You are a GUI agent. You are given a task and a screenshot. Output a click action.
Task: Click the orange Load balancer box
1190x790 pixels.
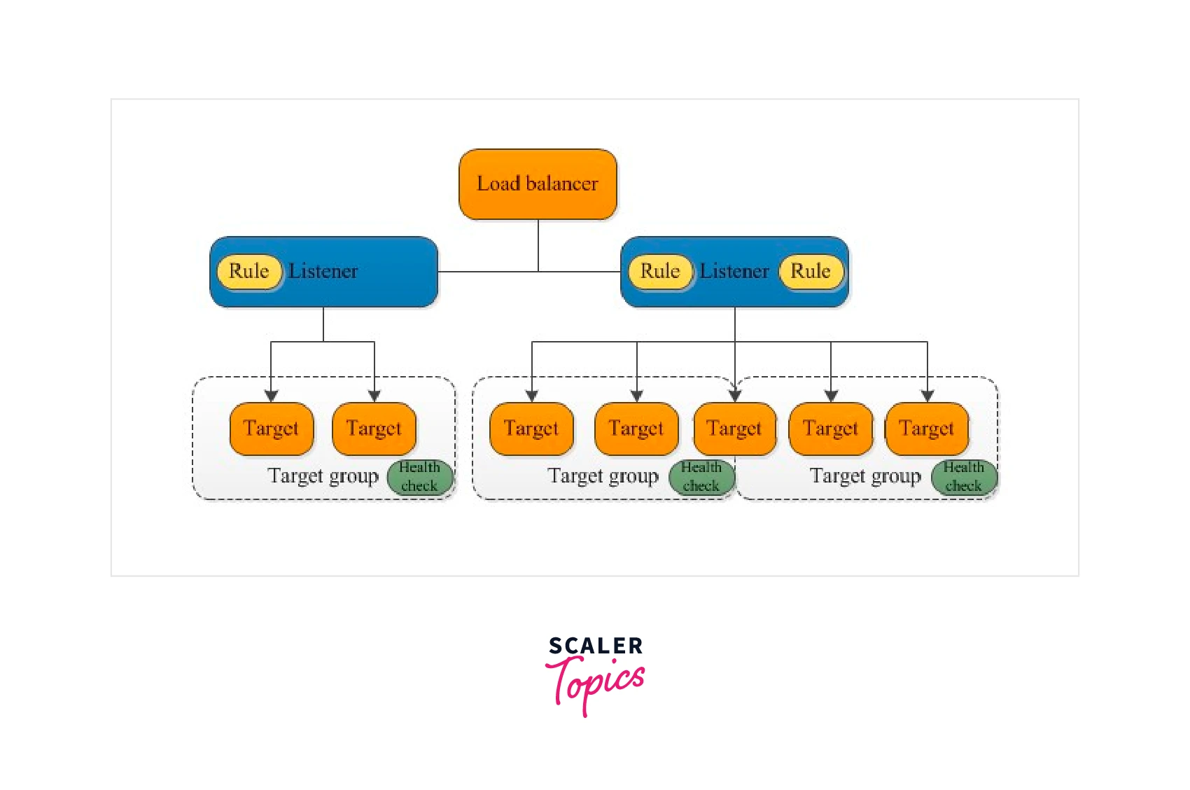538,184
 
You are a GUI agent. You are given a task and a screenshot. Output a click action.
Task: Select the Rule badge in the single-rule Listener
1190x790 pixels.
249,272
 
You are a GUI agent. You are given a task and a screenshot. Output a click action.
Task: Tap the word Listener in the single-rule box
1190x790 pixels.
323,272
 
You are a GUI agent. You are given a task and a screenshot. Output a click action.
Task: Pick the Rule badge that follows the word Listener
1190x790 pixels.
811,272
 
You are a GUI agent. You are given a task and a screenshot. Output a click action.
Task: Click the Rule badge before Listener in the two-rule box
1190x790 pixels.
660,272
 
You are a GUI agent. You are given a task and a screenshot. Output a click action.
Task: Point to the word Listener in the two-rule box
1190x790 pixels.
734,272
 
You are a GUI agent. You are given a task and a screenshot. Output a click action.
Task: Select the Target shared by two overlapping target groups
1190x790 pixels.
734,429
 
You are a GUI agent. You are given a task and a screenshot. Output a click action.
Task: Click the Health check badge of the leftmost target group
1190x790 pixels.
420,477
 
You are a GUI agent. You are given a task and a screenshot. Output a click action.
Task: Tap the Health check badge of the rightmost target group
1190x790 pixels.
964,477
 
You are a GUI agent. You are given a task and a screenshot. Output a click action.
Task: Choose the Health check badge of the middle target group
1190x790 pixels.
701,477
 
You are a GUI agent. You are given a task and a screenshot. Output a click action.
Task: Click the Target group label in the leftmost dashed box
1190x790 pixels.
323,476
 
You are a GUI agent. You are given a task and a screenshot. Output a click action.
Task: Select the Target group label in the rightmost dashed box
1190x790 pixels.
865,476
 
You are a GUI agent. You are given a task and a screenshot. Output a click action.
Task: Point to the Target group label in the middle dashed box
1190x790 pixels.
603,476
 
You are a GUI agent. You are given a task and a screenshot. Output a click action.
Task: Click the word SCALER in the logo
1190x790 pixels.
596,646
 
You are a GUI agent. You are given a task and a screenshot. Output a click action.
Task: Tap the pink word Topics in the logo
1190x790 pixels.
596,682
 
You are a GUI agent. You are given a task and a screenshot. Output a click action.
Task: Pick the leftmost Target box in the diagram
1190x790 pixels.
271,429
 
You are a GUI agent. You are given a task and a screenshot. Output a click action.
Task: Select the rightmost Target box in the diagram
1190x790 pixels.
927,429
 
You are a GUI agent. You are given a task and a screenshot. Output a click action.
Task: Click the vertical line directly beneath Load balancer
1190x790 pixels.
538,245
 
